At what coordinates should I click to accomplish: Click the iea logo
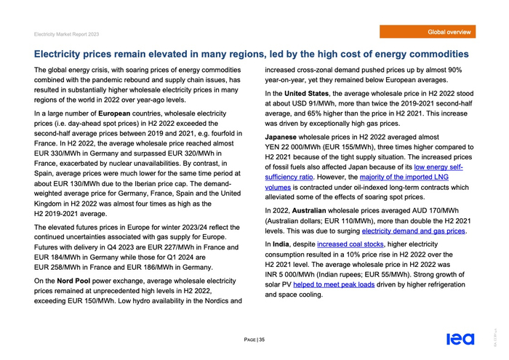(461, 339)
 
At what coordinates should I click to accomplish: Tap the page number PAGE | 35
(254, 340)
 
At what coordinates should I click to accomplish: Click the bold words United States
(305, 93)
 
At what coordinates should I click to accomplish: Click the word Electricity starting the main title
(69, 54)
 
